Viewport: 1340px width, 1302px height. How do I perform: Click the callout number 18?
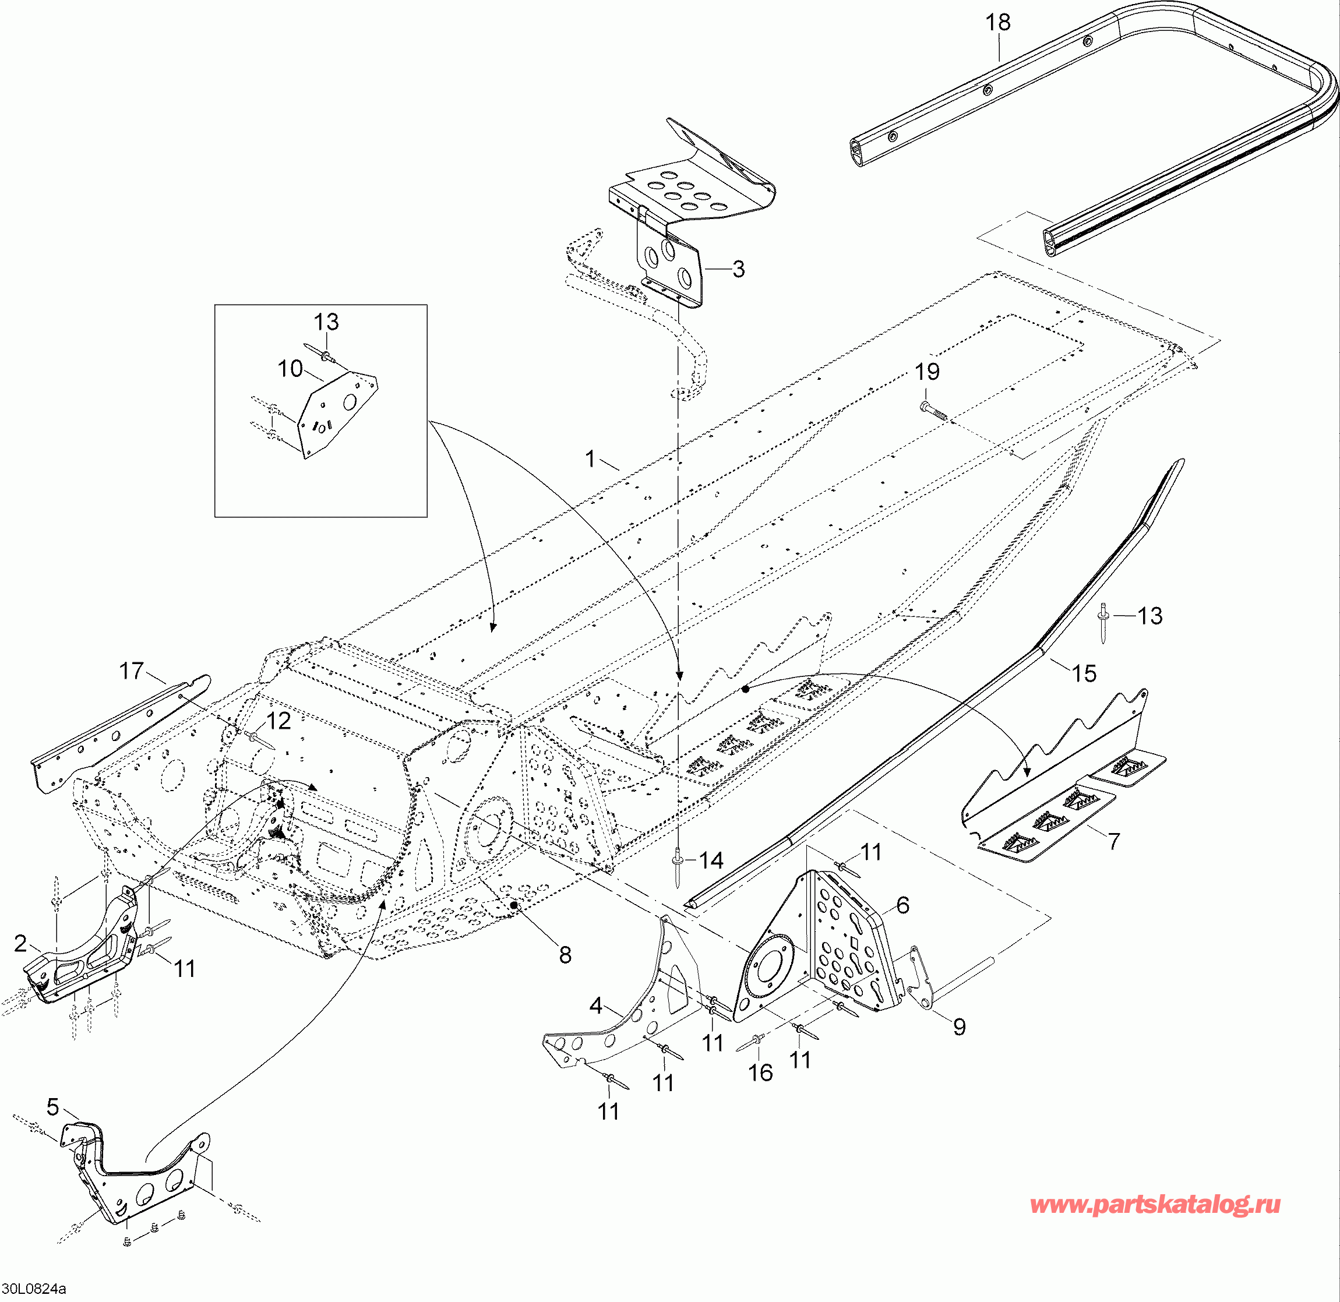point(998,23)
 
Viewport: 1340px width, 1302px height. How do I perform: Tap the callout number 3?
point(738,269)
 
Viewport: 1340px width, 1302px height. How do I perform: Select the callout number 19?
point(928,372)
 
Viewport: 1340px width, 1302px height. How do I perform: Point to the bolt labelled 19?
point(932,410)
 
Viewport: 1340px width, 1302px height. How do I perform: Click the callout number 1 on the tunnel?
point(591,459)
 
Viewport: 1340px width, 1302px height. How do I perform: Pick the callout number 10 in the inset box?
point(290,369)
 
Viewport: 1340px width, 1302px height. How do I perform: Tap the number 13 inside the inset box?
point(326,322)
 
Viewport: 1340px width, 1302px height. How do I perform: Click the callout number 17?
point(132,671)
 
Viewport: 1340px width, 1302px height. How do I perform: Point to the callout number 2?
point(20,944)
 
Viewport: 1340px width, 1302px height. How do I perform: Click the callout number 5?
point(52,1106)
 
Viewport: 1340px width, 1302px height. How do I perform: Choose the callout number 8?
point(565,955)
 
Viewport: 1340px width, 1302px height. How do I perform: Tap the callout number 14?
point(711,860)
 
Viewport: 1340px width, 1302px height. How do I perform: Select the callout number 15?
point(1084,673)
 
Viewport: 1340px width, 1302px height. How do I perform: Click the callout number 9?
point(959,1026)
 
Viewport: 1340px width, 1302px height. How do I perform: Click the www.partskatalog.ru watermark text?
point(1155,1223)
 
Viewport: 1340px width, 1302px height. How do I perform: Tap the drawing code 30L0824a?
point(34,1289)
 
